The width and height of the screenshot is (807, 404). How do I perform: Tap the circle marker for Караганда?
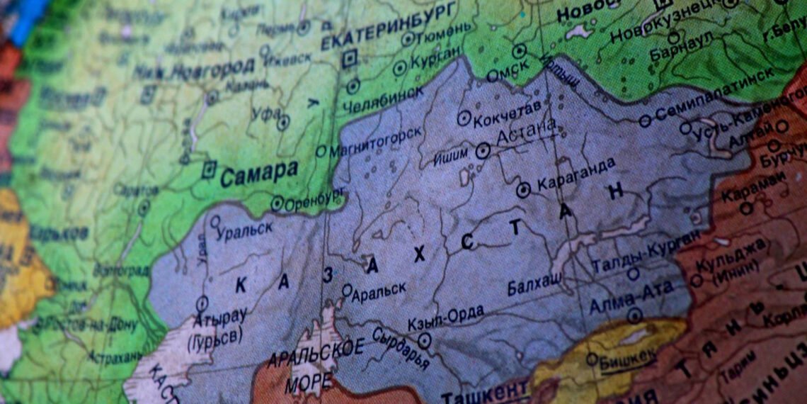tap(523, 189)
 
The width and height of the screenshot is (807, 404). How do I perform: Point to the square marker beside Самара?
tap(209, 169)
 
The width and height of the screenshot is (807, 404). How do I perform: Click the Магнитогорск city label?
tap(376, 141)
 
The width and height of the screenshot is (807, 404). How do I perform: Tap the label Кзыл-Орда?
tap(446, 318)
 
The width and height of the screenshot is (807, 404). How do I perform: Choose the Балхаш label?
tap(535, 285)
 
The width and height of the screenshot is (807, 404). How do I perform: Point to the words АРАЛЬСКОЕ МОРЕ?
tap(314, 366)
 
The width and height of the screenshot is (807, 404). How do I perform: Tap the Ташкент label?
tap(485, 391)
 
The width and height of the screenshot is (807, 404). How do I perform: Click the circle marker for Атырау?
tap(202, 303)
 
